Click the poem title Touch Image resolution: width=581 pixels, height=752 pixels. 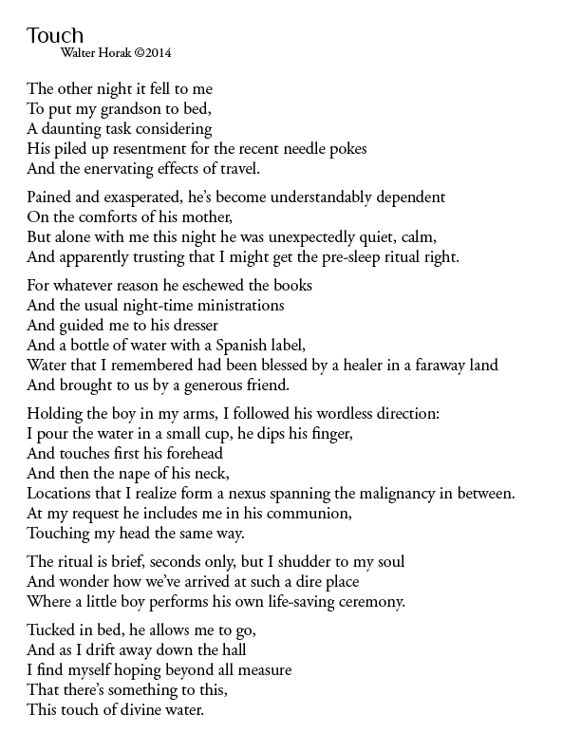click(55, 36)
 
